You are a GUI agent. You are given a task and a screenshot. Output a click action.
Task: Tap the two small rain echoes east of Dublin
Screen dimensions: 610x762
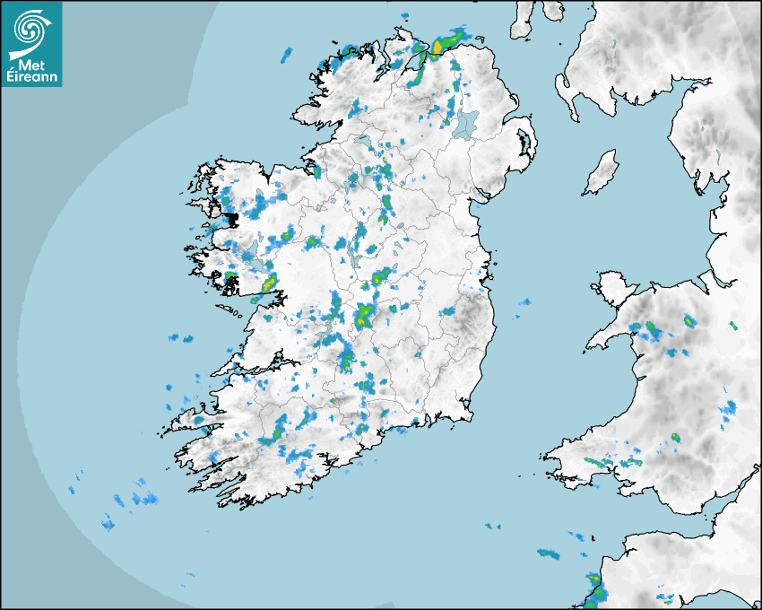(521, 308)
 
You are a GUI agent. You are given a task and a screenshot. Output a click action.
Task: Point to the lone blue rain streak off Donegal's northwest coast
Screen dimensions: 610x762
(287, 55)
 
